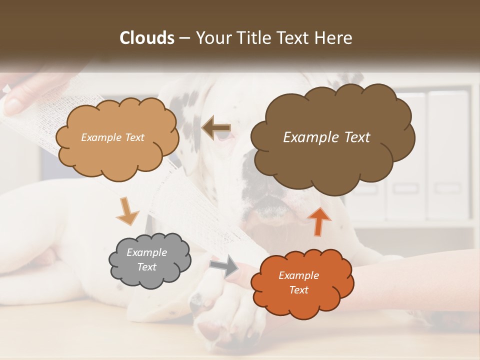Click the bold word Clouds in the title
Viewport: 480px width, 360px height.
pyautogui.click(x=147, y=38)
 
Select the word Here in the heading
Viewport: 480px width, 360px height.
pyautogui.click(x=333, y=38)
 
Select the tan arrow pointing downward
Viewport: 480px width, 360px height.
pyautogui.click(x=128, y=211)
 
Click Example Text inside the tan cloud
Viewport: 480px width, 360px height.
pyautogui.click(x=112, y=137)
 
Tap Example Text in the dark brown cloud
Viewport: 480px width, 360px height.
pyautogui.click(x=326, y=137)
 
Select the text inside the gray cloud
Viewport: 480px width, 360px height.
pyautogui.click(x=146, y=260)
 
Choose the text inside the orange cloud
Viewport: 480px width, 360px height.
pyautogui.click(x=298, y=283)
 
